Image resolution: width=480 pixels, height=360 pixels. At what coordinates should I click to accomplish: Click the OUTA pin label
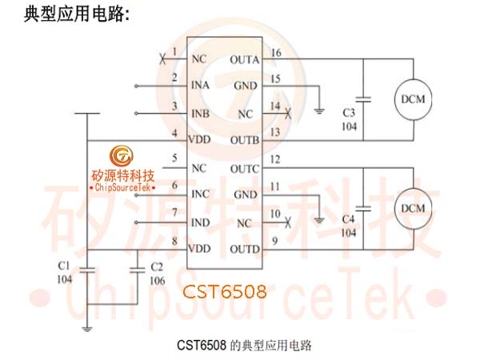pos(245,60)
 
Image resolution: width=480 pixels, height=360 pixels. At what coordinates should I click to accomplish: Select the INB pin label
pos(201,114)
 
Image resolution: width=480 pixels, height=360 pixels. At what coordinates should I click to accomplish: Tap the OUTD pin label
pos(245,249)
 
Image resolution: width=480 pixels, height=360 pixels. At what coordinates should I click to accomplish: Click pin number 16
pos(276,53)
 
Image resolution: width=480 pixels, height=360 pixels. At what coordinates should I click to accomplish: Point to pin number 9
pos(275,242)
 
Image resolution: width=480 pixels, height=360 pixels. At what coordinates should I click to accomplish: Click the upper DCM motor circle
pos(413,99)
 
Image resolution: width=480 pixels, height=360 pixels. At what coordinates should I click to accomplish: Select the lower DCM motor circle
pos(413,209)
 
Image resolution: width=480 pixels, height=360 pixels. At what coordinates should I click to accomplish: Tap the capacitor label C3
pos(349,113)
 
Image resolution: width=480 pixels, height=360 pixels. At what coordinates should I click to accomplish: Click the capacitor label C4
pos(348,219)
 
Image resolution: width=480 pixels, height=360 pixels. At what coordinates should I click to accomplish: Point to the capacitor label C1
pos(64,266)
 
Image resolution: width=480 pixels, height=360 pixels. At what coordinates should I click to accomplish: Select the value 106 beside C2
pos(158,281)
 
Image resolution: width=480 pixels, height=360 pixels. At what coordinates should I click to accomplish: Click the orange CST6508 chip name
pos(225,292)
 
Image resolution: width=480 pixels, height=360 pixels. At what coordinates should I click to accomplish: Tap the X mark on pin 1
pos(163,58)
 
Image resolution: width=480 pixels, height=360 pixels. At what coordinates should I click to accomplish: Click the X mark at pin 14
pos(288,114)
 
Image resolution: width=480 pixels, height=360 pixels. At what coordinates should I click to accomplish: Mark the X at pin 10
pos(287,222)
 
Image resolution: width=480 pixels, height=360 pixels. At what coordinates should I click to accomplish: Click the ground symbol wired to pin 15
pos(319,111)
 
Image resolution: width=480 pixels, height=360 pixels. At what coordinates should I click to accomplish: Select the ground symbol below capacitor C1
pos(87,330)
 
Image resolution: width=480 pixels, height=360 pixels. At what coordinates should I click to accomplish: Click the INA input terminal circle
pos(136,86)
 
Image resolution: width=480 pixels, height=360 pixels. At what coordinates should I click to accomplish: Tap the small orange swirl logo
pos(122,155)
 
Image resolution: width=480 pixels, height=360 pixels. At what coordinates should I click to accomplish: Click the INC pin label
pos(201,194)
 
